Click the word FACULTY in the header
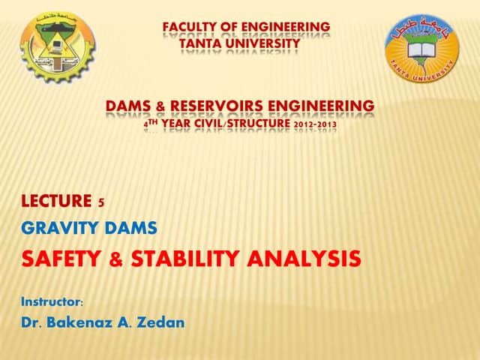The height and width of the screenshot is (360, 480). [187, 28]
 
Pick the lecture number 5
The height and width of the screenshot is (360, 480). [101, 201]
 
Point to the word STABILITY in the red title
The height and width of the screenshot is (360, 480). [190, 259]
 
